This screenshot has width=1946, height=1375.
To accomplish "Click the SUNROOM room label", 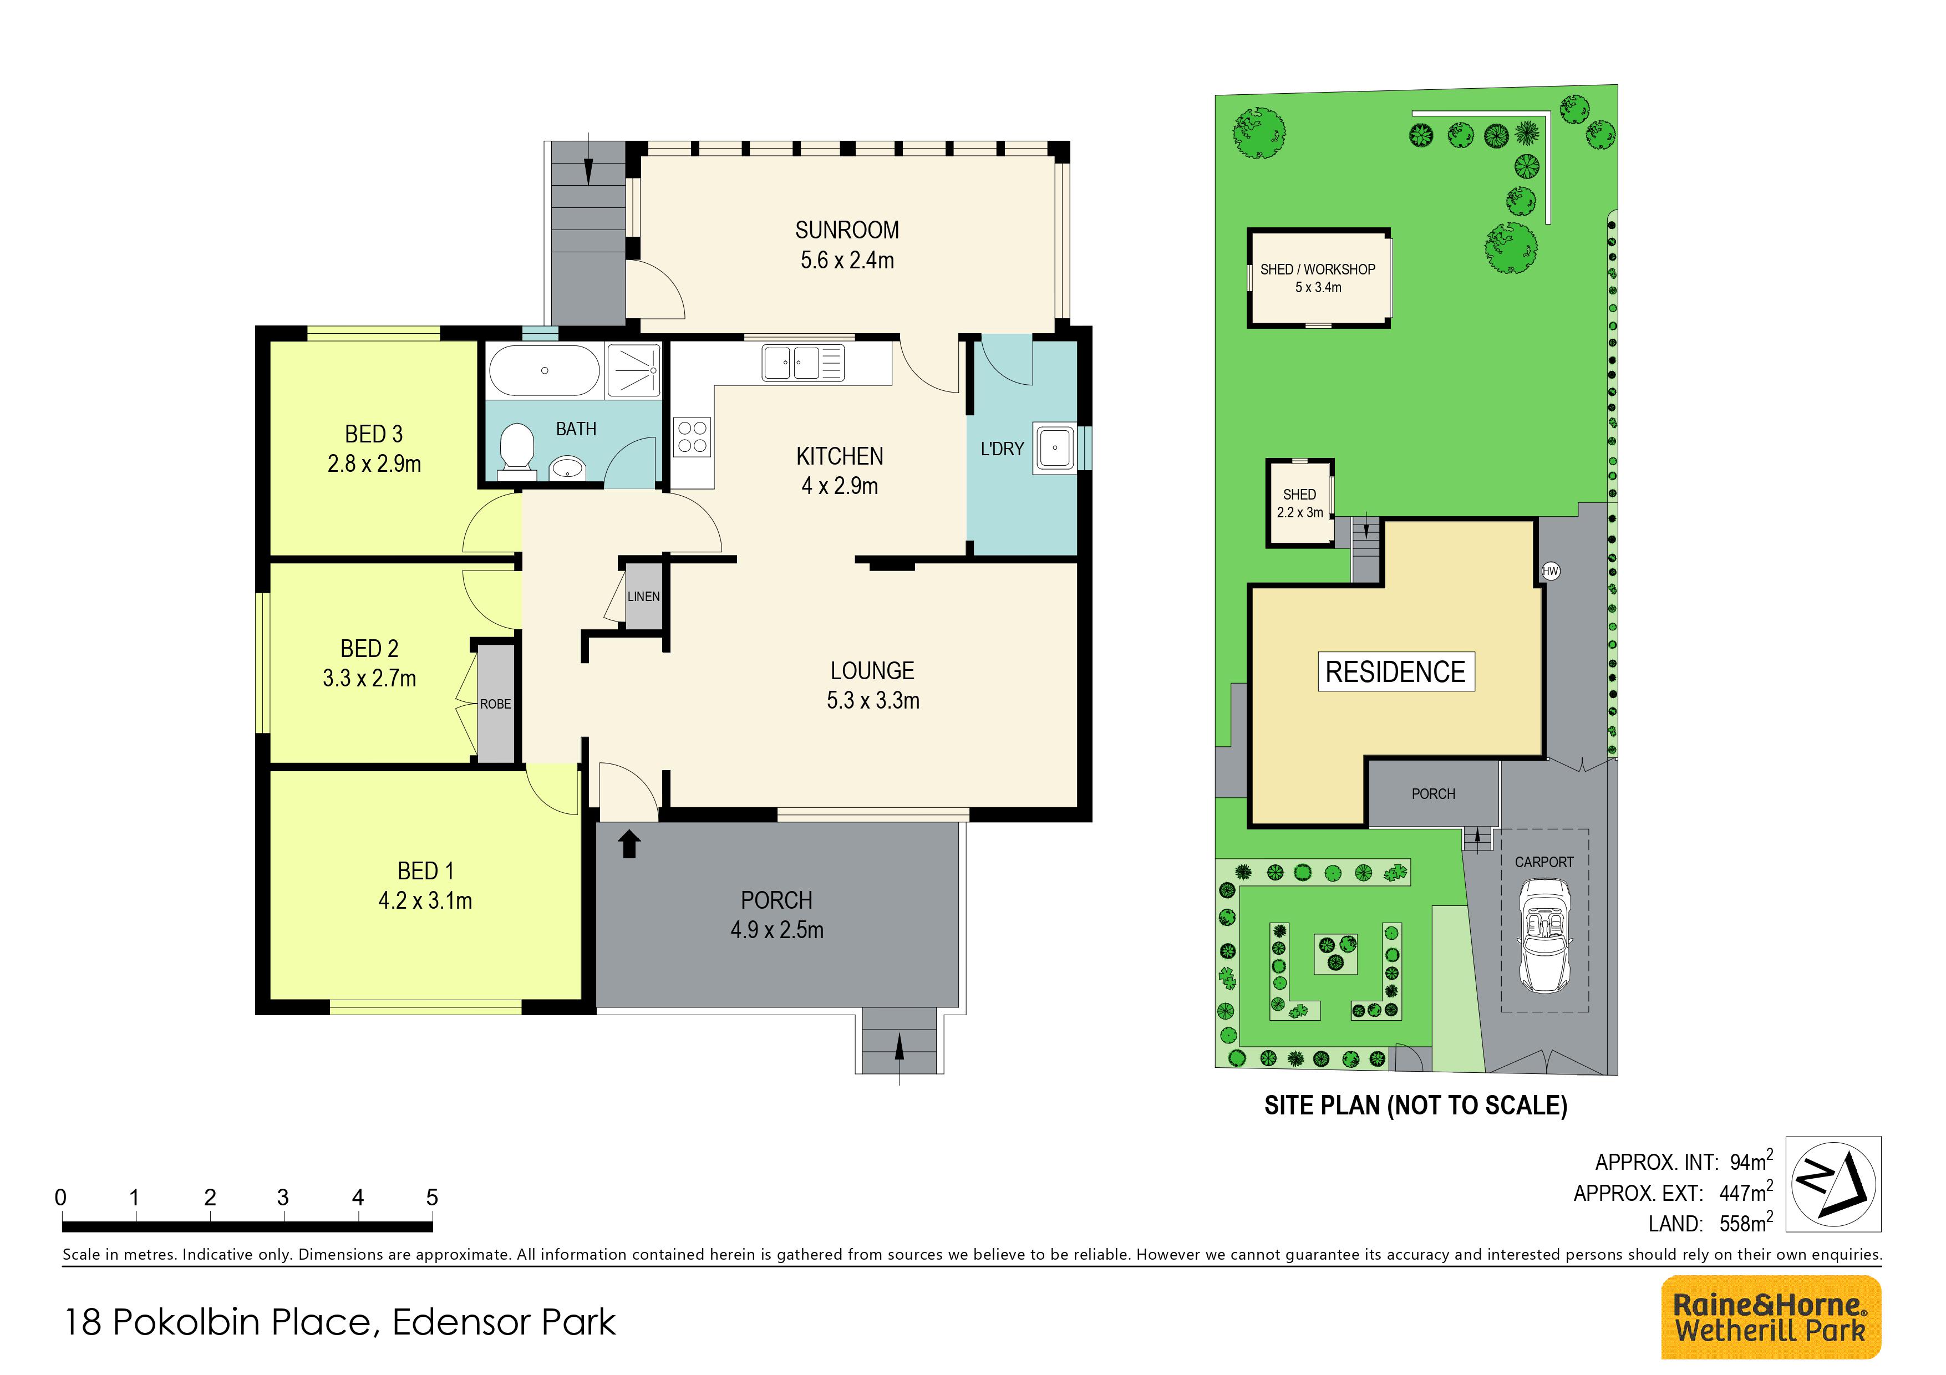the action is tap(847, 231).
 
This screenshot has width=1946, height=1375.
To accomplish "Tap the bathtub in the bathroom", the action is tap(544, 370).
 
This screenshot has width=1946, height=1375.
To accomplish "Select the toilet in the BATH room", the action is tap(516, 447).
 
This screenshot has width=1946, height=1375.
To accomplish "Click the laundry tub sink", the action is tap(1054, 448).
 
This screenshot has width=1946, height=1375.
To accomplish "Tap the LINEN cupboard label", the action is tap(643, 597).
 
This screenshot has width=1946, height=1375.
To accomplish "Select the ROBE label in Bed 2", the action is tap(496, 704).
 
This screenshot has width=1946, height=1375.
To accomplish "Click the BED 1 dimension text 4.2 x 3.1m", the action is tap(425, 900).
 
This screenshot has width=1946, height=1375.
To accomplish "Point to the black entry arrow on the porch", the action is tap(629, 844).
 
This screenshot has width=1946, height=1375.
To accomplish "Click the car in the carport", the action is tap(1544, 935).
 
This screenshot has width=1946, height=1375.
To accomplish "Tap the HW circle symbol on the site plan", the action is tap(1550, 571).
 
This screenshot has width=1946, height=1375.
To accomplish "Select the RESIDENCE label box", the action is tap(1396, 672).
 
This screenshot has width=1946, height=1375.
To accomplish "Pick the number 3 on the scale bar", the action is tap(283, 1197).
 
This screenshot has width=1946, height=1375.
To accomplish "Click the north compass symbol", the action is tap(1835, 1184).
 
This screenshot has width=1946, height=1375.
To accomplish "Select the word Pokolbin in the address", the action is tap(242, 1322).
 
